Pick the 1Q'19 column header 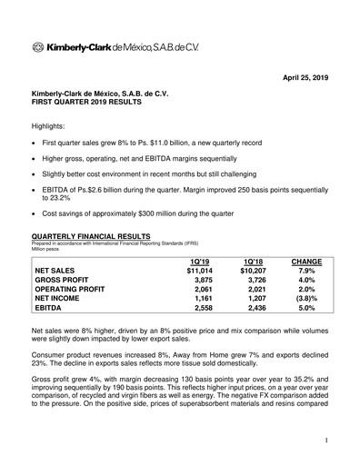coord(195,261)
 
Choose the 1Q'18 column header coord(251,261)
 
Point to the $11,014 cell coord(195,271)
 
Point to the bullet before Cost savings coord(35,213)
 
